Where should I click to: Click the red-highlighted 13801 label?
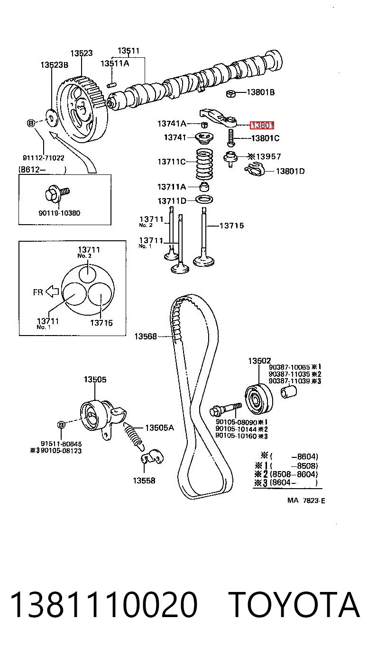(262, 126)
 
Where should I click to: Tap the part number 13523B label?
(55, 64)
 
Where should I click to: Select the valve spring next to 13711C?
(204, 164)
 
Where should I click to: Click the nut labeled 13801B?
(230, 93)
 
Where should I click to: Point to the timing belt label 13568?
(146, 337)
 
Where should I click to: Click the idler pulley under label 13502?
(258, 399)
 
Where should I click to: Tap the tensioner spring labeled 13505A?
(135, 436)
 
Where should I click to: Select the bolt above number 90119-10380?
(57, 193)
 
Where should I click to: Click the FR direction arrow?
(53, 291)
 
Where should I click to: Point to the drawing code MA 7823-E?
(306, 500)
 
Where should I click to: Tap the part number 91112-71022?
(44, 158)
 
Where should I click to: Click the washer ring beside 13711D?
(204, 200)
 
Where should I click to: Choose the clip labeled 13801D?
(254, 170)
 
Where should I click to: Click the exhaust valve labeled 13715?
(203, 237)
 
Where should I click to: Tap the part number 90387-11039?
(289, 381)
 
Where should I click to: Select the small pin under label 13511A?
(112, 85)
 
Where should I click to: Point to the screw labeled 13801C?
(230, 138)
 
